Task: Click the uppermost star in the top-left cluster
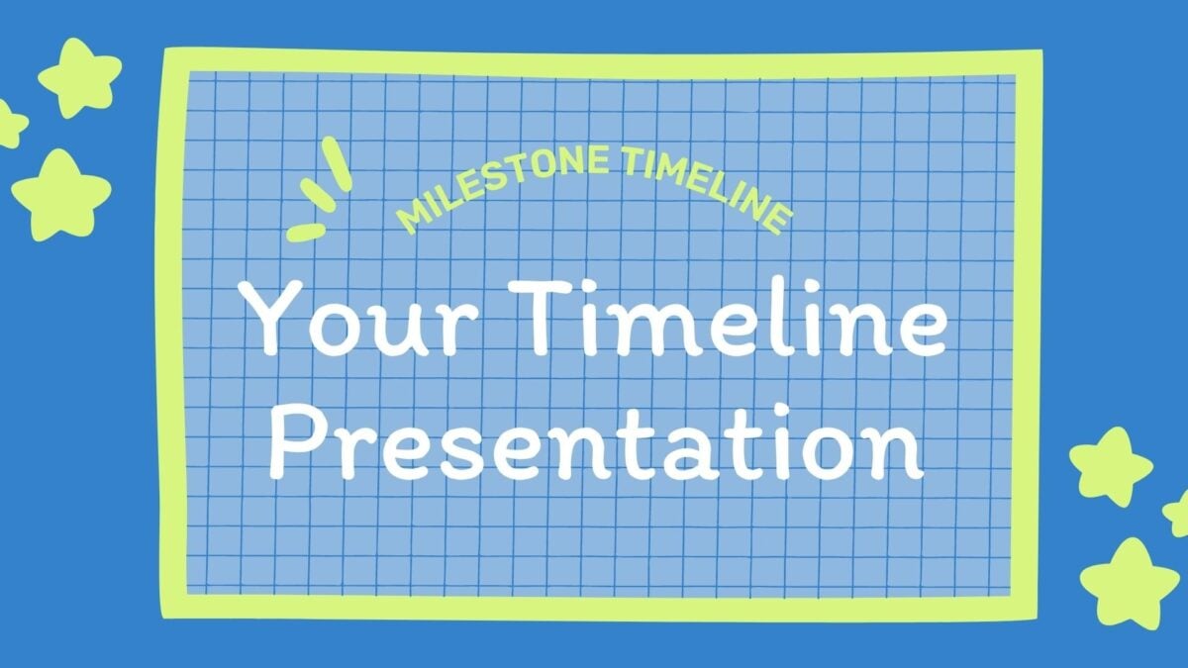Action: point(79,76)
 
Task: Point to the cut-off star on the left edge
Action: point(9,124)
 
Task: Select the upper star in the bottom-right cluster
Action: point(1110,465)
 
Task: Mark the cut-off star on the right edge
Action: point(1178,515)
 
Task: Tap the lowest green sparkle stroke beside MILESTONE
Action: point(306,233)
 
